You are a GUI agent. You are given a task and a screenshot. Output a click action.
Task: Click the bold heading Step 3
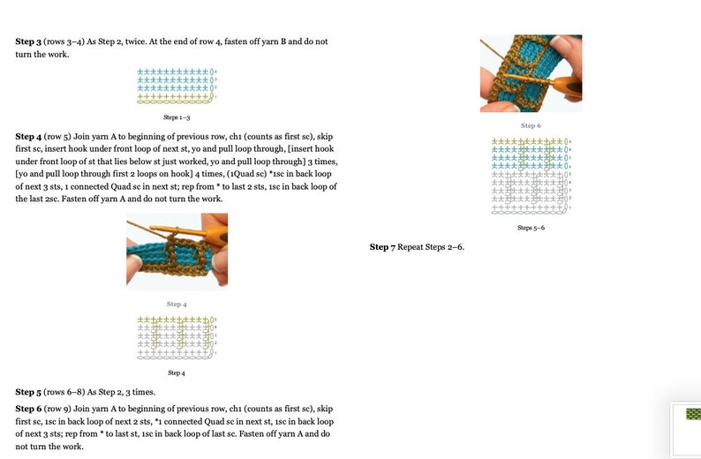tap(28, 41)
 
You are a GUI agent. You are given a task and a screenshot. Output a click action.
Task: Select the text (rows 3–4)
tap(65, 41)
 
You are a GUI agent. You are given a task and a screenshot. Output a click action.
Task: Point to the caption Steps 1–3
tap(177, 117)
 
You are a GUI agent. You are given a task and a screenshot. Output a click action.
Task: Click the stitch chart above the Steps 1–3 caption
tap(177, 86)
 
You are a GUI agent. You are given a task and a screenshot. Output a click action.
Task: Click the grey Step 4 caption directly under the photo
tap(176, 305)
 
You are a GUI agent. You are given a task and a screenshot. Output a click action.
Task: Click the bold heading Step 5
tap(28, 392)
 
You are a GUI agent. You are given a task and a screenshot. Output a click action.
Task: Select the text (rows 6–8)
tap(65, 392)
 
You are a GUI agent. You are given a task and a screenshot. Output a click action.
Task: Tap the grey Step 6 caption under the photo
tap(531, 126)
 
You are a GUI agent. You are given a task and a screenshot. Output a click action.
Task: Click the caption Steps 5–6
tap(531, 228)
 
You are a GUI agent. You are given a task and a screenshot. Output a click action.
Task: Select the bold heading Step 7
tap(382, 247)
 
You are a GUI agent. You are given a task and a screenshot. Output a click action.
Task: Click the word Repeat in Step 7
tap(412, 247)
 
